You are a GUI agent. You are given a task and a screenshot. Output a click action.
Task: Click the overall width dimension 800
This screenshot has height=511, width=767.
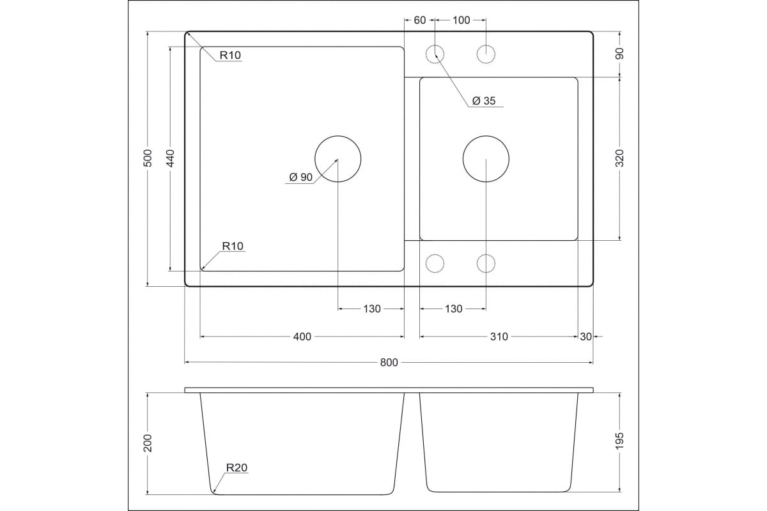(389, 362)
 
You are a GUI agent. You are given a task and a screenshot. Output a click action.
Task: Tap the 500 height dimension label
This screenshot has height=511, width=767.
(148, 158)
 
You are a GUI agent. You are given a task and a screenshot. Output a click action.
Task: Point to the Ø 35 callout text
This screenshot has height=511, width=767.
(484, 101)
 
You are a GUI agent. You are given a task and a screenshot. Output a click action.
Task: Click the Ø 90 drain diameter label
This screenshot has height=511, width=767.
(301, 177)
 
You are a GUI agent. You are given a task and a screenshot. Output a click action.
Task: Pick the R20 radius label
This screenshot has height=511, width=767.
(236, 468)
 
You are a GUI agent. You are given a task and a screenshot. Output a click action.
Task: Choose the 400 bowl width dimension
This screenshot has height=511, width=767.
(302, 337)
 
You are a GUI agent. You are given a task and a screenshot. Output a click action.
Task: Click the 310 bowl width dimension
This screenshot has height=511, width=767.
(499, 337)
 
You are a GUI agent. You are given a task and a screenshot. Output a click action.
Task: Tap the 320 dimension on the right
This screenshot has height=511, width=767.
(620, 158)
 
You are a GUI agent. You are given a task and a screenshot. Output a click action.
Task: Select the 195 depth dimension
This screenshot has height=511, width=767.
(620, 441)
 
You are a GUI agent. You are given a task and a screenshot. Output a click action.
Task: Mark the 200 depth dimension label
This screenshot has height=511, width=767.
(148, 443)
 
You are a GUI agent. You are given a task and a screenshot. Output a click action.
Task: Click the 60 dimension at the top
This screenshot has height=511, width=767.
(420, 20)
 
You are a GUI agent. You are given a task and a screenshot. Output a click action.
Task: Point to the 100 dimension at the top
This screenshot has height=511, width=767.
(461, 20)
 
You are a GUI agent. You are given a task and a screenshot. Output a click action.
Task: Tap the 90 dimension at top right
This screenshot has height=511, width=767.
(620, 54)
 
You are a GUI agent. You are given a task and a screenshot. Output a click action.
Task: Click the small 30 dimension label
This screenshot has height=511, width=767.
(586, 337)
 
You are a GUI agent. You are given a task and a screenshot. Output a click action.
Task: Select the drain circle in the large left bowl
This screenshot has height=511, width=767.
(338, 159)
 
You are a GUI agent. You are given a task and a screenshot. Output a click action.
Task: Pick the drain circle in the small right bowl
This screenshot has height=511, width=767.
(486, 159)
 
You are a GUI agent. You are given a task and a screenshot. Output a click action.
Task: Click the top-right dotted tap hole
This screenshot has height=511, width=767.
(486, 54)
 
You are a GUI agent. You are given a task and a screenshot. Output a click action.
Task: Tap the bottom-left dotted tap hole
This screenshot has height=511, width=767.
(435, 264)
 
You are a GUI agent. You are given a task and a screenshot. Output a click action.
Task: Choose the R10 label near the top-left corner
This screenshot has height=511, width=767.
(230, 55)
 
